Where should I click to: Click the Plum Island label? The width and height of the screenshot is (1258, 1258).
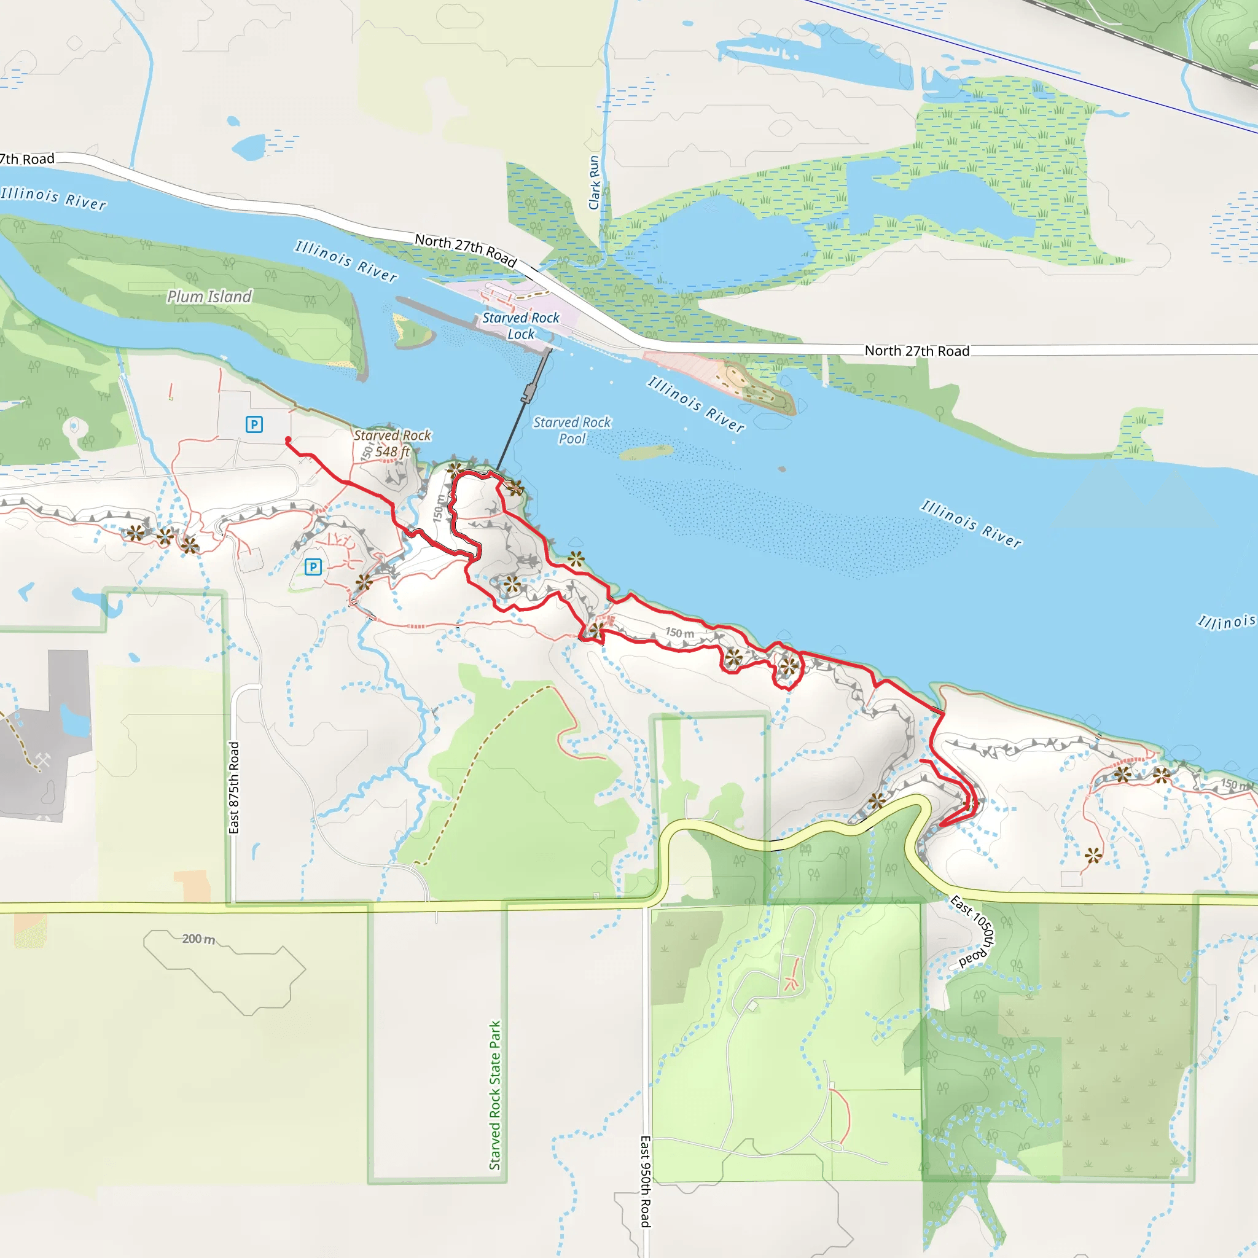209,296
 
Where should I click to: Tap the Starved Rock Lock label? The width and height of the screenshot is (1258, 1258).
520,326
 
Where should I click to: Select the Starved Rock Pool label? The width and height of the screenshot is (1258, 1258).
572,431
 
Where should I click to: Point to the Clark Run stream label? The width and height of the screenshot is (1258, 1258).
594,183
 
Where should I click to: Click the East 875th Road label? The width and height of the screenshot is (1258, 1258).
234,787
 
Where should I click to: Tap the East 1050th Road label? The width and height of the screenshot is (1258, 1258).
974,931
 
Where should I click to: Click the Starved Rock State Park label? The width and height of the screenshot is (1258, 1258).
495,1095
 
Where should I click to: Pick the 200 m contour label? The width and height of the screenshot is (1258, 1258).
198,939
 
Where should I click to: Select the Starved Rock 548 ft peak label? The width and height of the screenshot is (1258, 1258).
392,443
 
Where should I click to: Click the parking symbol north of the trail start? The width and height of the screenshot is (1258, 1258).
254,424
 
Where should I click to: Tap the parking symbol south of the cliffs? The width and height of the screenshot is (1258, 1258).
313,566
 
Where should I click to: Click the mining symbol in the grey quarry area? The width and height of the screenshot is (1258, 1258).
43,760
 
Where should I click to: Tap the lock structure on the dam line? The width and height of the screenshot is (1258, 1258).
528,392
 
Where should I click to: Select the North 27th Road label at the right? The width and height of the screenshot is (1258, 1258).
917,351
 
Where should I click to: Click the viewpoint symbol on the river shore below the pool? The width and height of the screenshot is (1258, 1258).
576,559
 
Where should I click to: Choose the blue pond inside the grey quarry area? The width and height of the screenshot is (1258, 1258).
73,719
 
